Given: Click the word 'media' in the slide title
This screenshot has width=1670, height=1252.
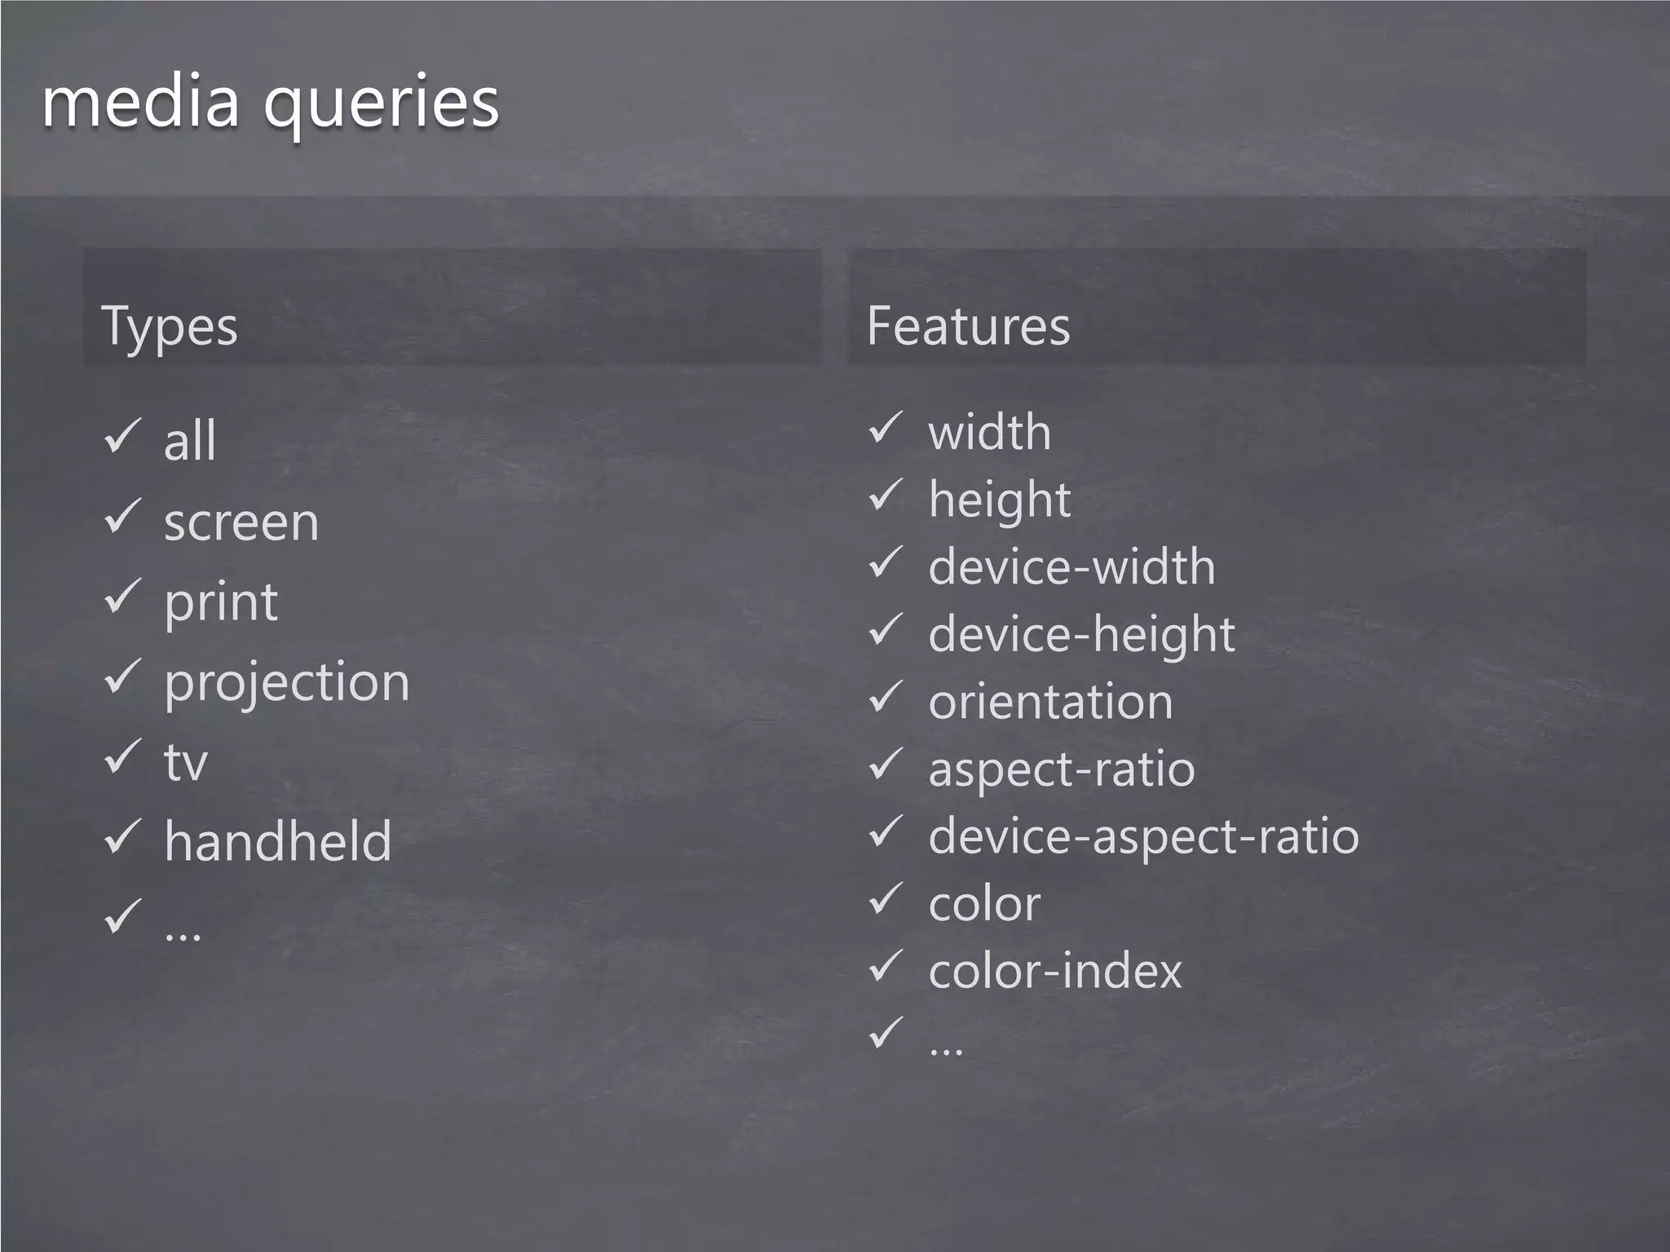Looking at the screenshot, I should pos(140,102).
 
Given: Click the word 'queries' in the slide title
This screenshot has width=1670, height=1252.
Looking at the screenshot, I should pos(381,106).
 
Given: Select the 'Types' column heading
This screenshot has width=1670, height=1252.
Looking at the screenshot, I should pos(169,327).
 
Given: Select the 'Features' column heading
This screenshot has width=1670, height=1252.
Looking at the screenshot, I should pos(968,326).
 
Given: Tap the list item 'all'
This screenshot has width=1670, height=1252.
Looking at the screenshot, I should pos(190,441).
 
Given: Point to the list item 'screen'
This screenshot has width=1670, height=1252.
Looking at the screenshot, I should pos(241,522).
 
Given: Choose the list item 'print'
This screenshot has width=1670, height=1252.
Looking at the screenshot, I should pos(221,603).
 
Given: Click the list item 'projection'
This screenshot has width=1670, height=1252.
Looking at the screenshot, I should pos(287,683).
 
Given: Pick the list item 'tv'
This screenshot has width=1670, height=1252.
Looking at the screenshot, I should pos(186,763).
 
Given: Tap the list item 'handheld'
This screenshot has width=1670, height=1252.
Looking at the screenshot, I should pos(278,841).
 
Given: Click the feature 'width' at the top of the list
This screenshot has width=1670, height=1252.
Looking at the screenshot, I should pos(990,431).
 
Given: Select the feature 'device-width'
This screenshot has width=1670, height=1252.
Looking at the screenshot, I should pos(1071,566).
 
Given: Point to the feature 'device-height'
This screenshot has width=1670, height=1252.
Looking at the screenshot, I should pos(1082,635).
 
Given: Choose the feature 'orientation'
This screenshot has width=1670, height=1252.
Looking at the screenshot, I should pos(1050,702).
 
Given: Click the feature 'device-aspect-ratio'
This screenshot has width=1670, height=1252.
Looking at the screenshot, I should pos(1143,837).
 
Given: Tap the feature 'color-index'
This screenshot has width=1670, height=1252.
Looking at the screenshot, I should pos(1055,971).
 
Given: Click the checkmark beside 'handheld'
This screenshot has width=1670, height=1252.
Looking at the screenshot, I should pos(123,837).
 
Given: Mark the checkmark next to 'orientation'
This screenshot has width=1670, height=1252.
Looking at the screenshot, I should pos(886,697).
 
